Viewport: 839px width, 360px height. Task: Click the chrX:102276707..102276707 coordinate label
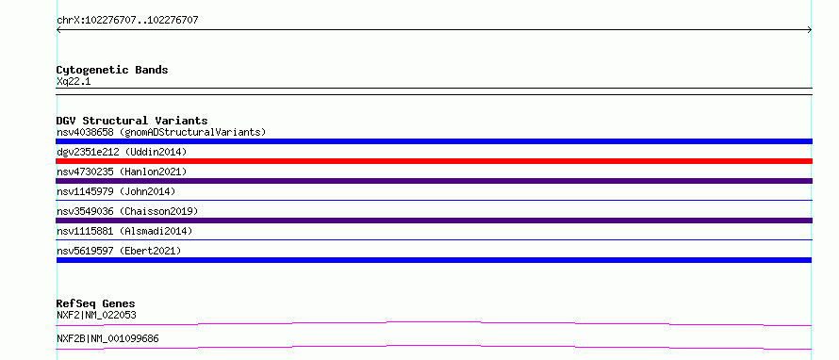click(127, 21)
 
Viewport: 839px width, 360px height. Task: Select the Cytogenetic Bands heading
click(112, 70)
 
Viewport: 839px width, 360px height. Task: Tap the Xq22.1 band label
click(74, 81)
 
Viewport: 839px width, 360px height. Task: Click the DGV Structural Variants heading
click(132, 121)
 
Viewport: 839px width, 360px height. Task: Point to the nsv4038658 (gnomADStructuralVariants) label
click(161, 132)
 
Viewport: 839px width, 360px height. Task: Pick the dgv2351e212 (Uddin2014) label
click(122, 152)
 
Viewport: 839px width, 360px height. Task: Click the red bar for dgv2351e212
click(434, 161)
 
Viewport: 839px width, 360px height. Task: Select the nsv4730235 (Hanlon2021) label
click(122, 172)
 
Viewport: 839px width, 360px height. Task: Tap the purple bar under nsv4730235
click(434, 181)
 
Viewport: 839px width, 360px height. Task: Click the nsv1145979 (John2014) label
click(116, 191)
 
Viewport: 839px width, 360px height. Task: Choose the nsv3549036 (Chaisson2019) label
click(127, 211)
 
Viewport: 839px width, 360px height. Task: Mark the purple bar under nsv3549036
click(434, 221)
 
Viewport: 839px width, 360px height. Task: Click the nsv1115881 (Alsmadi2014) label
click(124, 231)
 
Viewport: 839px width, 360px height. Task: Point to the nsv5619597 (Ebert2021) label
click(119, 251)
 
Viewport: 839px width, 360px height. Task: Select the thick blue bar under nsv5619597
click(434, 260)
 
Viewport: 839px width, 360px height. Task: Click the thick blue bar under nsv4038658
click(434, 141)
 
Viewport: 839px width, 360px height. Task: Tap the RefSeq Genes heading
click(96, 303)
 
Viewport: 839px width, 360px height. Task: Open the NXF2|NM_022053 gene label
click(96, 315)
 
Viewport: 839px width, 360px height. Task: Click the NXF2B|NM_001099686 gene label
click(107, 338)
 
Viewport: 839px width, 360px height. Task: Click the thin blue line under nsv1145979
click(434, 200)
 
